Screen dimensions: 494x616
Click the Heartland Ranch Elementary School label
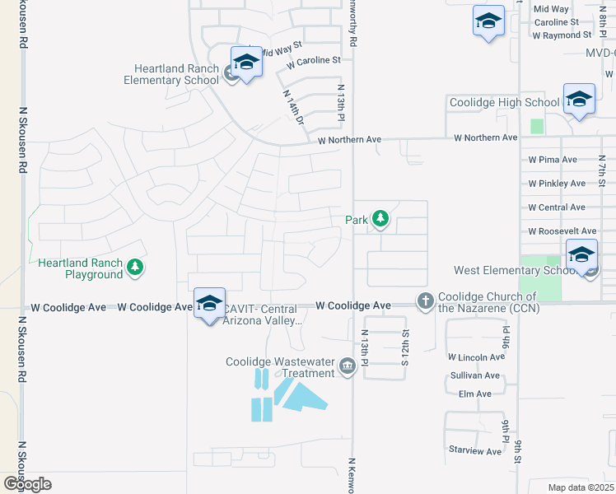point(170,74)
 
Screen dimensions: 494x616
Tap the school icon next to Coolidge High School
point(579,100)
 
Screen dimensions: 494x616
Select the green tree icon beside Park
point(380,220)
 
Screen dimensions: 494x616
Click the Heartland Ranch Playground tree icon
point(135,268)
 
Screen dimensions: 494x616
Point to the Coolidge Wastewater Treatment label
point(281,367)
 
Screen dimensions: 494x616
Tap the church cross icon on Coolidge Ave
point(425,301)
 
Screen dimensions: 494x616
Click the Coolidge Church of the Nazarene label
point(487,302)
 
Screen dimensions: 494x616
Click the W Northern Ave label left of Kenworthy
point(350,140)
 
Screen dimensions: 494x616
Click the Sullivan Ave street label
point(475,375)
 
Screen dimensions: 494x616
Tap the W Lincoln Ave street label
point(476,357)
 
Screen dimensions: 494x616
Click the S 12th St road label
point(405,349)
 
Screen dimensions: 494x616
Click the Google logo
point(26,484)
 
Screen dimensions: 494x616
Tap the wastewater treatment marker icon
point(347,366)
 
